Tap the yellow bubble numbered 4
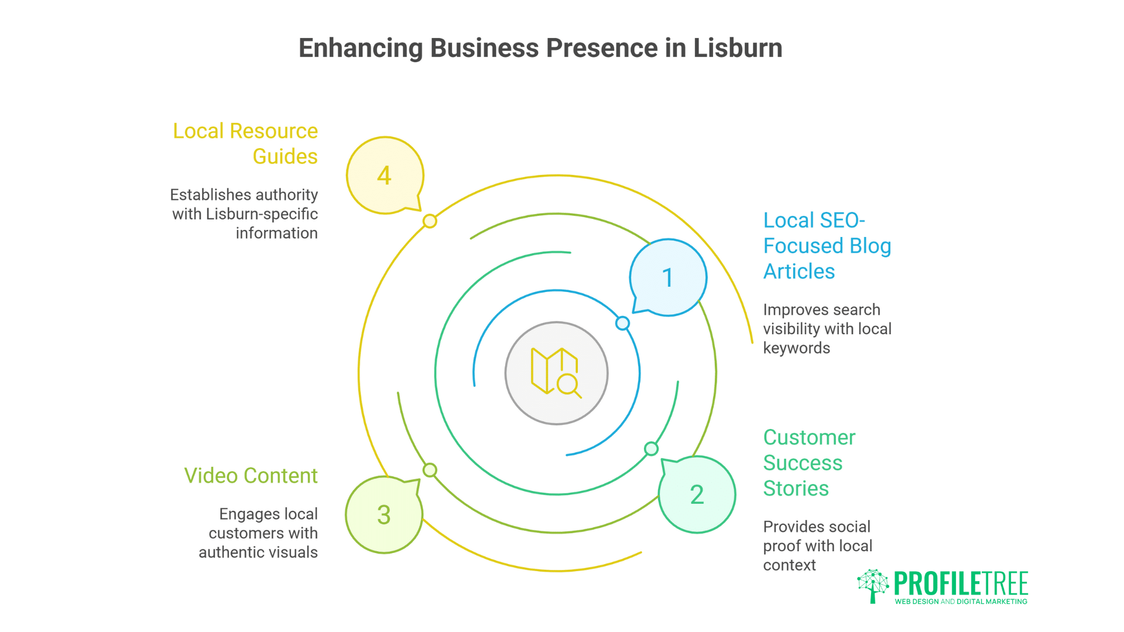point(385,176)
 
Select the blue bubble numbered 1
point(668,277)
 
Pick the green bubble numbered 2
point(697,494)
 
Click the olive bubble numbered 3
point(384,515)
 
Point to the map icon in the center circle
point(547,370)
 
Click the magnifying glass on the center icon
point(568,386)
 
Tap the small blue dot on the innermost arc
point(622,323)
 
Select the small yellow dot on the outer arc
point(430,221)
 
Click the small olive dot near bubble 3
point(430,470)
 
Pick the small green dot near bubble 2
point(651,449)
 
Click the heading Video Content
point(251,476)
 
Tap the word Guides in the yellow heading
point(285,157)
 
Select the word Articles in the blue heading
point(799,272)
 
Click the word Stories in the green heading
point(796,489)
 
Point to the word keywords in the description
point(796,348)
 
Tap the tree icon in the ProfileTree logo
point(872,585)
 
